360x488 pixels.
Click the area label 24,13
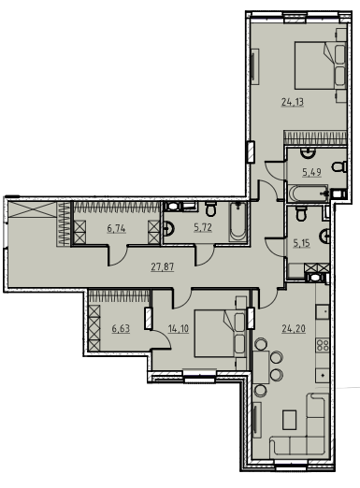[293, 102]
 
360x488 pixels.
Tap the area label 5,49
[311, 172]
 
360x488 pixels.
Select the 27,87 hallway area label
[163, 267]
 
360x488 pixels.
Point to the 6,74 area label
[116, 228]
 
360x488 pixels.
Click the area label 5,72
[203, 228]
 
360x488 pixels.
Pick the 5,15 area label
[301, 243]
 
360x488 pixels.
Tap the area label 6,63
[121, 328]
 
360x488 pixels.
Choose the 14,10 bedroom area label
[179, 328]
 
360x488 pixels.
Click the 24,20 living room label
[294, 328]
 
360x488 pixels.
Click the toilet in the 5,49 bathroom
[339, 166]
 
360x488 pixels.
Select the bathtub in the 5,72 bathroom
[238, 222]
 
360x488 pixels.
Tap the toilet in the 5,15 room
[301, 213]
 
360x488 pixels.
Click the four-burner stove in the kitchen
[323, 345]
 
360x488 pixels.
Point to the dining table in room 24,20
[261, 367]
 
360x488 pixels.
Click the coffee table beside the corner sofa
[290, 420]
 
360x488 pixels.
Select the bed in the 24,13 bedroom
[321, 66]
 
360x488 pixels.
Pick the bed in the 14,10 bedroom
[220, 333]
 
